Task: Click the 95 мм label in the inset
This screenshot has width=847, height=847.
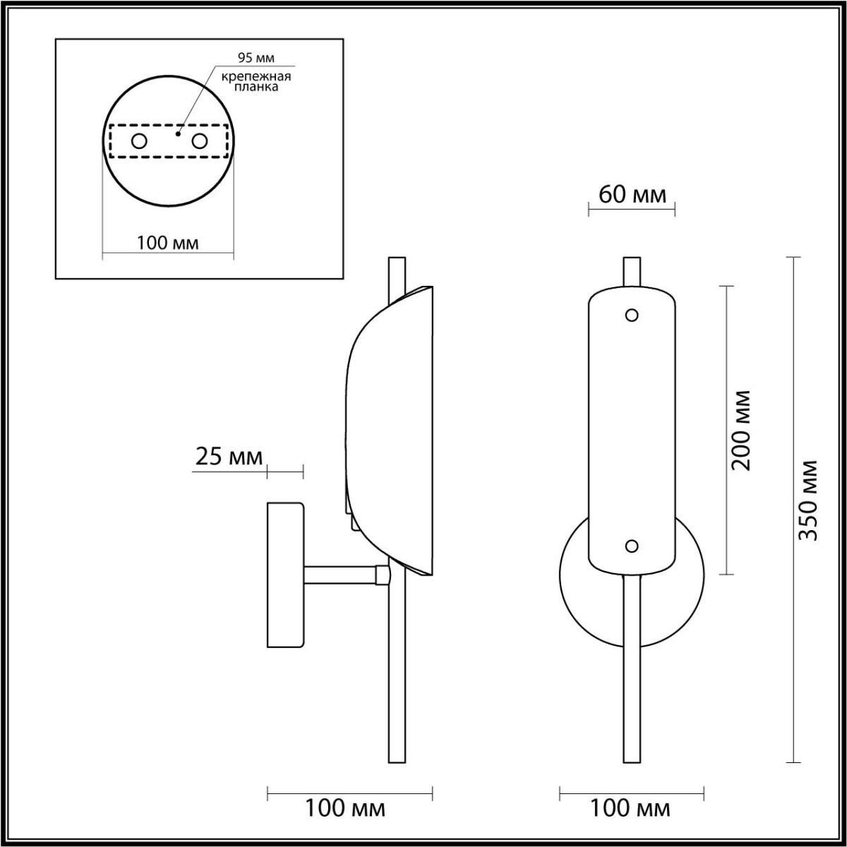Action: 256,58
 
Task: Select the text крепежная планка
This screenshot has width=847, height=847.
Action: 256,81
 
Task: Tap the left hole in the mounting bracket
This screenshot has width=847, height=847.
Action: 139,142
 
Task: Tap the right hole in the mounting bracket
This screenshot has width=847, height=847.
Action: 199,142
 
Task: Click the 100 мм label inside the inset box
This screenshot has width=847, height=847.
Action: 167,243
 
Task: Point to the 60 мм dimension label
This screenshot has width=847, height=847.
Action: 632,195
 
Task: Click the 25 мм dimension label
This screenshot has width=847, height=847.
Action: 229,457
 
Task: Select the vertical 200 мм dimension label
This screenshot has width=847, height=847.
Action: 740,430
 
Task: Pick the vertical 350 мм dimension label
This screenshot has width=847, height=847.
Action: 807,500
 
